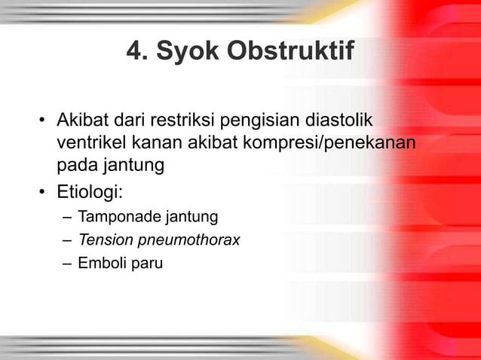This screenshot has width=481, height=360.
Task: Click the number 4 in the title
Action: point(136,53)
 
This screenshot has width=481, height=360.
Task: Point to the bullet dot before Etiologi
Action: point(44,190)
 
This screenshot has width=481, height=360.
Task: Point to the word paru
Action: point(147,264)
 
